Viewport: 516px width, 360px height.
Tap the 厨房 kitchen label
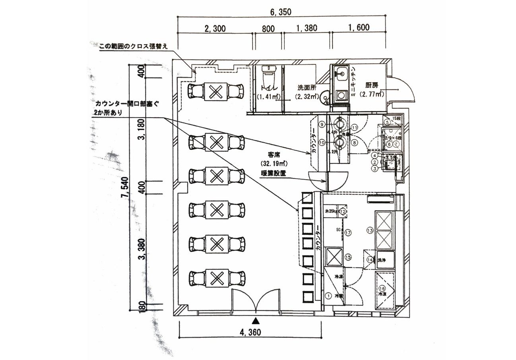pos(372,85)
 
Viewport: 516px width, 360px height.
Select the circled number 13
pos(370,230)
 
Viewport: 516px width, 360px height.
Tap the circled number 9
pos(321,124)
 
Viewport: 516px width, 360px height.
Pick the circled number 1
pos(329,295)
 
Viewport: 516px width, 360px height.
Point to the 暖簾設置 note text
pos(274,173)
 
